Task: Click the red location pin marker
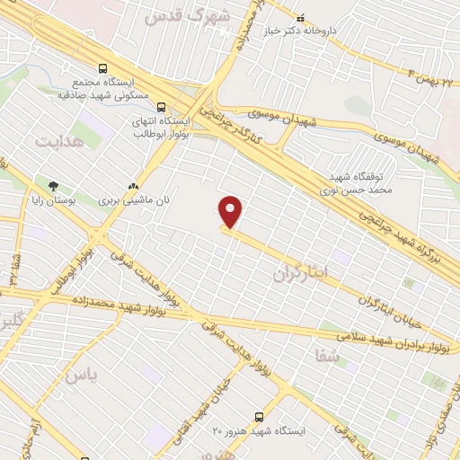pyautogui.click(x=231, y=212)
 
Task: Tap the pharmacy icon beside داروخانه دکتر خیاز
pyautogui.click(x=300, y=16)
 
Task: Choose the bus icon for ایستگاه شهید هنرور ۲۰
pyautogui.click(x=259, y=417)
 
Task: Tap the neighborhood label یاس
pyautogui.click(x=79, y=375)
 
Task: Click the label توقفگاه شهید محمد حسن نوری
pyautogui.click(x=346, y=185)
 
